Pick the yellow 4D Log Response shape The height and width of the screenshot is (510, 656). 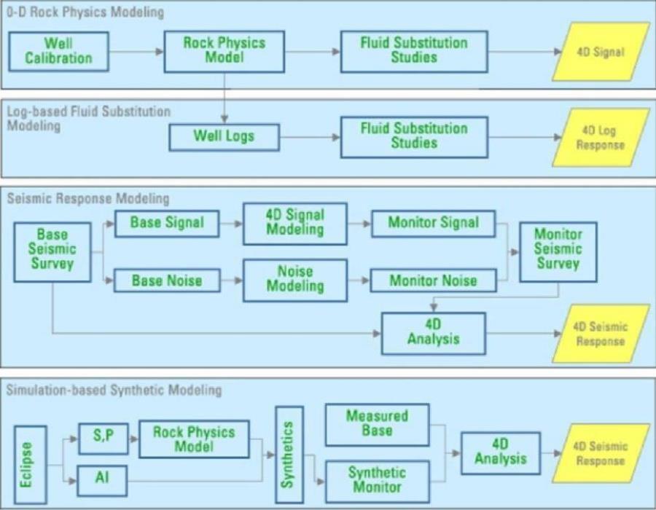(600, 137)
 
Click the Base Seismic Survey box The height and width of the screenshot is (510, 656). (52, 251)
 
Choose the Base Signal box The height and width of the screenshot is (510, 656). (167, 223)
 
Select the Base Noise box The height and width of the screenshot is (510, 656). (167, 280)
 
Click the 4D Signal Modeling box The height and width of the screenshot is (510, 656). (294, 222)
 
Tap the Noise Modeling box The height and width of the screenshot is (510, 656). (294, 278)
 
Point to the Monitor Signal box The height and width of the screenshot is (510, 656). (433, 223)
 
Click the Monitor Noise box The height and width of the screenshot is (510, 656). (433, 280)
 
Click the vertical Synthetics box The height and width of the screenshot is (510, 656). (288, 454)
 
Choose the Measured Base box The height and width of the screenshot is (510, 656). (377, 425)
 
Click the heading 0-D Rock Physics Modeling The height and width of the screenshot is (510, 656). (85, 12)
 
